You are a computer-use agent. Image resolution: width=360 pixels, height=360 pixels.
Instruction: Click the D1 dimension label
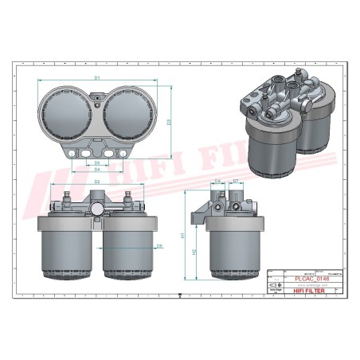coord(96,78)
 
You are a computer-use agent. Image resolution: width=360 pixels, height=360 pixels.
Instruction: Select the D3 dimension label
coord(170,121)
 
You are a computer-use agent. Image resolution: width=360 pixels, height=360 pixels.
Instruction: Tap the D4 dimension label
coord(96,169)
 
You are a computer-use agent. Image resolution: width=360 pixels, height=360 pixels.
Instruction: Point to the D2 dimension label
coord(96,182)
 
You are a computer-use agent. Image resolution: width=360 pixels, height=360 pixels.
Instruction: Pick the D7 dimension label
coord(236,182)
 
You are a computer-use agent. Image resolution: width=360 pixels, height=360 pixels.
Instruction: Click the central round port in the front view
coord(96,209)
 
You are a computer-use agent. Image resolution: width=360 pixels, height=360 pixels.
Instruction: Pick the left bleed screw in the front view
coord(68,194)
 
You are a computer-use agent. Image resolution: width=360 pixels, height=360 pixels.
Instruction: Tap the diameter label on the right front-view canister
coord(159,246)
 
